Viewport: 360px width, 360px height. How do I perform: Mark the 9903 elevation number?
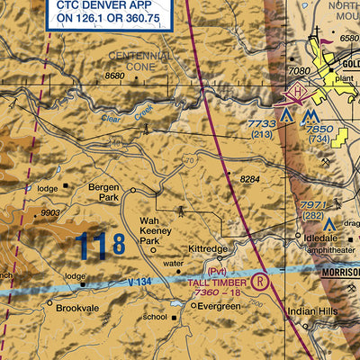pyautogui.click(x=51, y=212)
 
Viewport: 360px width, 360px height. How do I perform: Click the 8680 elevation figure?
pyautogui.click(x=114, y=76)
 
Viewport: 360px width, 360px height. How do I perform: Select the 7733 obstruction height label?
pyautogui.click(x=261, y=123)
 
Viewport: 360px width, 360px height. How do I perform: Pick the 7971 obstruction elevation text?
pyautogui.click(x=312, y=206)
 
